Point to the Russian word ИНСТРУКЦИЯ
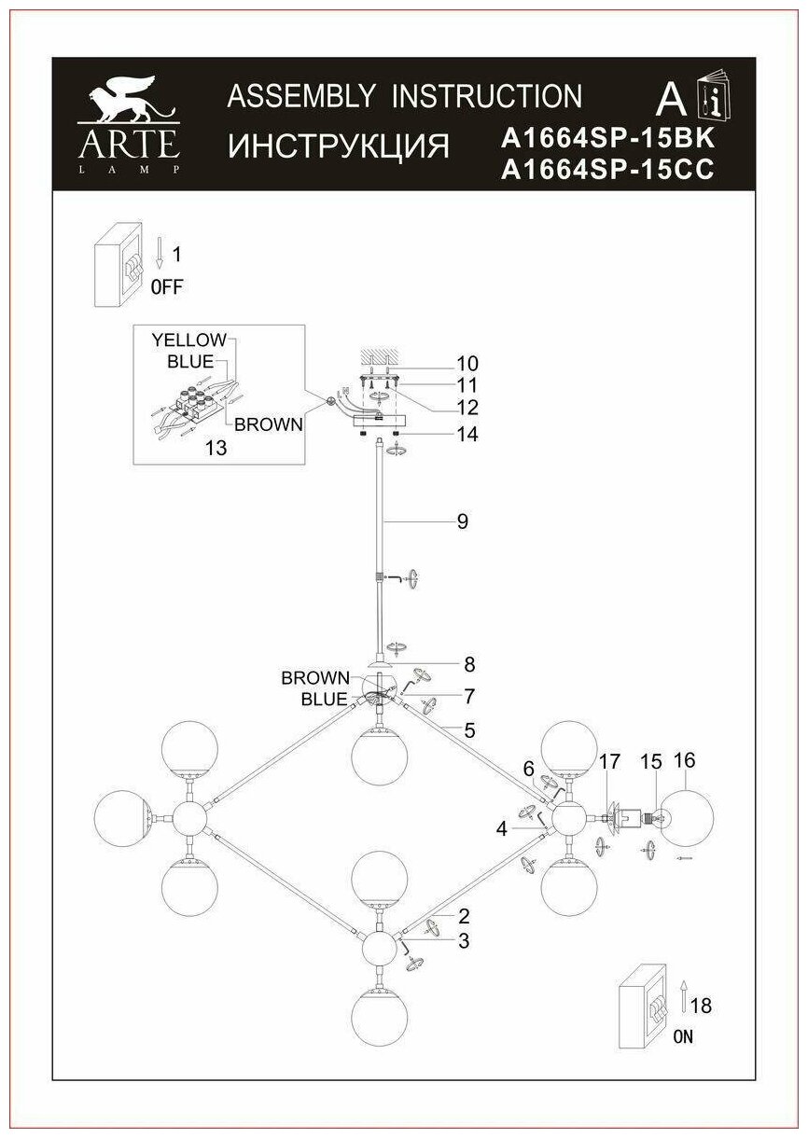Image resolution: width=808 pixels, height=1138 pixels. (339, 146)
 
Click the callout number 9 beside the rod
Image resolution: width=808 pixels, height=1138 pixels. (462, 522)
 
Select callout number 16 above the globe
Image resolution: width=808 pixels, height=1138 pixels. (685, 760)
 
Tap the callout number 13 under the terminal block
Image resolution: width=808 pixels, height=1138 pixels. (215, 449)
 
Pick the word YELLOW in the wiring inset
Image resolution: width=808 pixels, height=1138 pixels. (189, 340)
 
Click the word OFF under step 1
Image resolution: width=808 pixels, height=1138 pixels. (167, 287)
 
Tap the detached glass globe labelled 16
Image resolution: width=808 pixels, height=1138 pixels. (685, 817)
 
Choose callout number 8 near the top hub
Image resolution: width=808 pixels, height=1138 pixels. (469, 664)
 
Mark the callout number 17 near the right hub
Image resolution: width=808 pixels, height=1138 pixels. (609, 761)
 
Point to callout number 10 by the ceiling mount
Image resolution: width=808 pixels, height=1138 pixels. (467, 363)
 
